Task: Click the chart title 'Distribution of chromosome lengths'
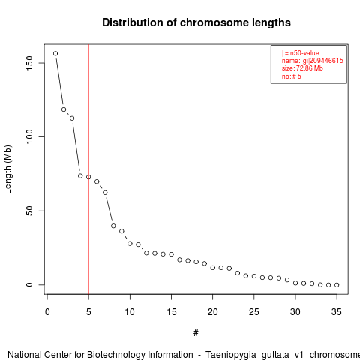tap(196, 22)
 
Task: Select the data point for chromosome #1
tap(55, 53)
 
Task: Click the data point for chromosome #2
tap(64, 109)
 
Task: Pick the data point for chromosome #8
tap(113, 226)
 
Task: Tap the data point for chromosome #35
tap(337, 285)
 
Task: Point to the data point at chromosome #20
tap(213, 268)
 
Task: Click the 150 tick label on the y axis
tap(29, 63)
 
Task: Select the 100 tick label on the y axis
tap(29, 136)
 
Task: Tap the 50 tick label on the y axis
tap(29, 211)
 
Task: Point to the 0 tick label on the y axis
tap(29, 285)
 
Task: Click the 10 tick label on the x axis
tap(130, 312)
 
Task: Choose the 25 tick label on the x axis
tap(254, 312)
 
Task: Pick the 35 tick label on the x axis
tap(337, 312)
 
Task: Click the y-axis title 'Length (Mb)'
tap(8, 169)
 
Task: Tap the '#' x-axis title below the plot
tap(196, 333)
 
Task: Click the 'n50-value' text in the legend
tap(304, 53)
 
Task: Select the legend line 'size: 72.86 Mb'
tap(302, 68)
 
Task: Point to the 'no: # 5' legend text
tap(292, 76)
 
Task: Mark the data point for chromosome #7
tap(105, 193)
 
